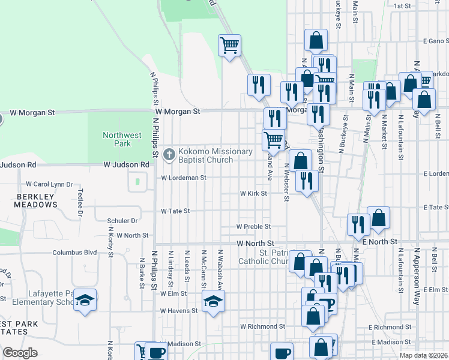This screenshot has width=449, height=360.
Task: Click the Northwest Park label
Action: click(x=122, y=140)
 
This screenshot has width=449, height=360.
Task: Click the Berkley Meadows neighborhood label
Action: click(x=36, y=200)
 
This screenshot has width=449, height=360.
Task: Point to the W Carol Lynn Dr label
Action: click(x=49, y=184)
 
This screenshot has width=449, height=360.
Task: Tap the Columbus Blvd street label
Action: click(x=74, y=253)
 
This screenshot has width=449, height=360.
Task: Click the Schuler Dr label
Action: click(x=122, y=221)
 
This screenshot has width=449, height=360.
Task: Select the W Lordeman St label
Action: click(x=184, y=178)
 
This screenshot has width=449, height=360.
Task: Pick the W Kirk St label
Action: click(x=253, y=194)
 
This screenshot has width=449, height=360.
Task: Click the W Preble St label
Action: click(x=253, y=227)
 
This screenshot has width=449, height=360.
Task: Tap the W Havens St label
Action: click(x=179, y=311)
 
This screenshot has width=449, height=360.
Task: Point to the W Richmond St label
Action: click(x=262, y=327)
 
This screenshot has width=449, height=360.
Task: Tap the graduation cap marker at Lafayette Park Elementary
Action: click(x=86, y=300)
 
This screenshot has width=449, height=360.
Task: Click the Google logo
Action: click(x=20, y=353)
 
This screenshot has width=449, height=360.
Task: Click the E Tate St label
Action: click(x=435, y=206)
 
